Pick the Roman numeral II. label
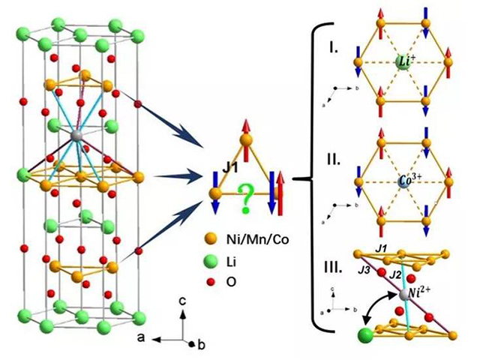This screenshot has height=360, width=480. click(x=336, y=160)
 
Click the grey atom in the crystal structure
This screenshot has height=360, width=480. click(x=76, y=136)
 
